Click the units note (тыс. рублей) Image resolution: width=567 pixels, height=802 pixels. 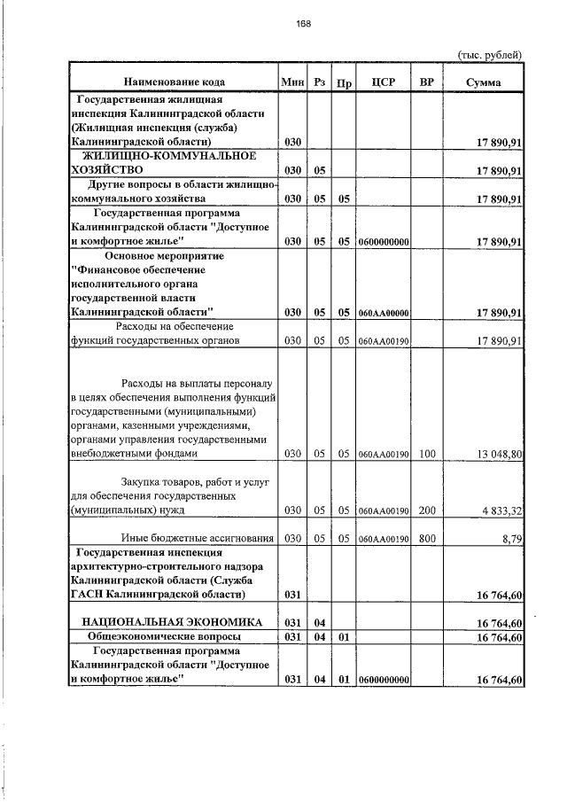(x=490, y=54)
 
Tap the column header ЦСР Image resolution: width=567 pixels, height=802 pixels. (x=384, y=82)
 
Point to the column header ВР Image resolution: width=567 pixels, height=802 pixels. (x=427, y=82)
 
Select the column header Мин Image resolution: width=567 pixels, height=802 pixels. (x=292, y=82)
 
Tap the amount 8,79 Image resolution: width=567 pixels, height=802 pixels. (x=512, y=538)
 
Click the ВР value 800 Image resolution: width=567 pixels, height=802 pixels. (x=427, y=538)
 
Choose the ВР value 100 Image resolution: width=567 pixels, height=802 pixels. (x=427, y=454)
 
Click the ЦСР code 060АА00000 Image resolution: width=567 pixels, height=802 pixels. (x=383, y=312)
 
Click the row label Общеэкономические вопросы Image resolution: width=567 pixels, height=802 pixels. (x=168, y=637)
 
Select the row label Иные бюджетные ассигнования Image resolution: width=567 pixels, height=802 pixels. (x=197, y=538)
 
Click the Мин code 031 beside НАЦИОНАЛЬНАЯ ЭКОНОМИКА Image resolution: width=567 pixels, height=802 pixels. (x=292, y=623)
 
